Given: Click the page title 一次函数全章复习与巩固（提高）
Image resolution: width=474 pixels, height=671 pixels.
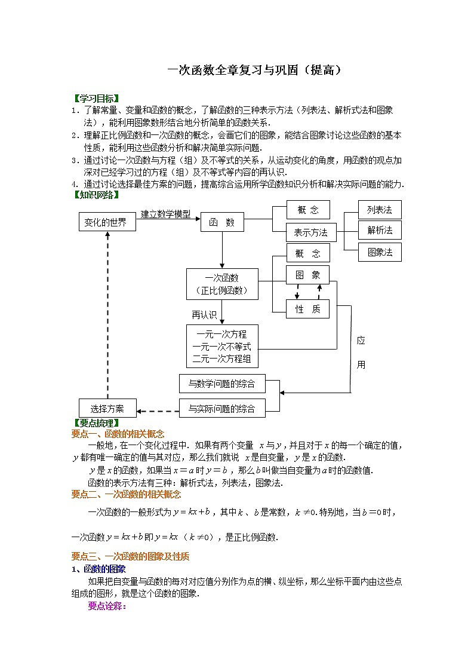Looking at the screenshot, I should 255,70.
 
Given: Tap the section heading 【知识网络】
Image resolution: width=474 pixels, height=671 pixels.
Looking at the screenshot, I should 96,195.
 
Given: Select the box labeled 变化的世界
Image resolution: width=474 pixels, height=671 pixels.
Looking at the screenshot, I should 107,222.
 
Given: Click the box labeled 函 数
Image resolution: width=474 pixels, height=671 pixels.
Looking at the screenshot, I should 222,223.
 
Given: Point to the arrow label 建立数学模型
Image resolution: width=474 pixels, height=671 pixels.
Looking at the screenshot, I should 166,213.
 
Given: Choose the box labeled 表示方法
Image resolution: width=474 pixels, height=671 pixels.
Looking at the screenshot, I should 312,232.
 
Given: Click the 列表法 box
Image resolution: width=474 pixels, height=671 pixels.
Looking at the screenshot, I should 380,210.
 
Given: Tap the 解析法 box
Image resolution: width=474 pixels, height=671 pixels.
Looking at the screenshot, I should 380,230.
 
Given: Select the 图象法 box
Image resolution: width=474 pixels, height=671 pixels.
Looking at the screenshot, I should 380,252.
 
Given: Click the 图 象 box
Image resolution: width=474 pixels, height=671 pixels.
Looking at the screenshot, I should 307,275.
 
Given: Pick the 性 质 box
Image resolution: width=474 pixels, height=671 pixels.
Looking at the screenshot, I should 307,309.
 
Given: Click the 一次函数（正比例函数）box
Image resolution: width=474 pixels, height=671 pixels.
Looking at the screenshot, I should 222,284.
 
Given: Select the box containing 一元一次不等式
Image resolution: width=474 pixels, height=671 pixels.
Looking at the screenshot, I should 222,347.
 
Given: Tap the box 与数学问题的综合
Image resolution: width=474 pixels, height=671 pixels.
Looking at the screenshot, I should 222,384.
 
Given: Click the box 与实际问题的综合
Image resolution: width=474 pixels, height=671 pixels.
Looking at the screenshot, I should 222,409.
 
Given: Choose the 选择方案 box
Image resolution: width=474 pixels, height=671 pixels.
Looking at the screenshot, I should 107,409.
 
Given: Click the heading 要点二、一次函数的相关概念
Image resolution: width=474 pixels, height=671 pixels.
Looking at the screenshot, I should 126,494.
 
